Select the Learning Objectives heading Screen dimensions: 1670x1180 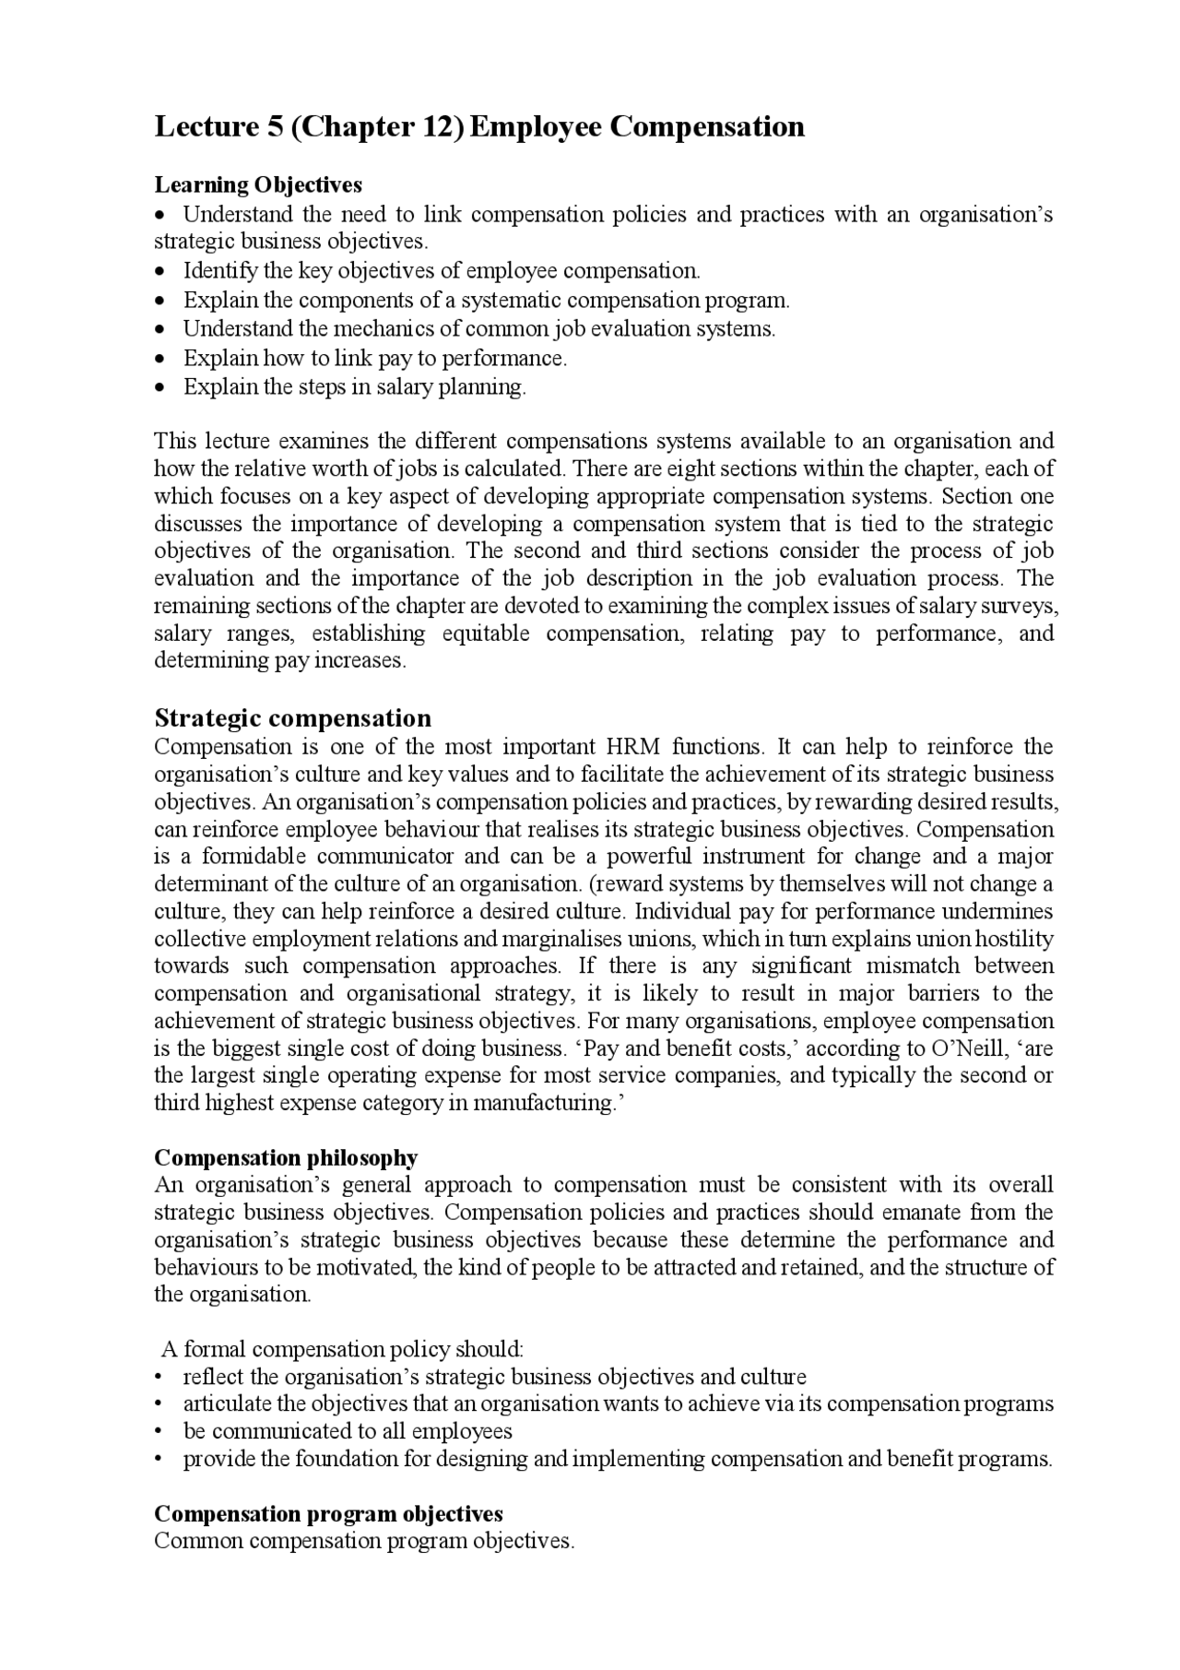pos(258,185)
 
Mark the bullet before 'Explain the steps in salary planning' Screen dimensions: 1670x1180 pos(161,387)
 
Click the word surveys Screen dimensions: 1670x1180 pos(1021,606)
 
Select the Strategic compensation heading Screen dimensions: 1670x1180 pos(292,717)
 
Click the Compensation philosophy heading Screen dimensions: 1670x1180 pos(286,1158)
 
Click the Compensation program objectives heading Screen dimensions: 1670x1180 pos(328,1514)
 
